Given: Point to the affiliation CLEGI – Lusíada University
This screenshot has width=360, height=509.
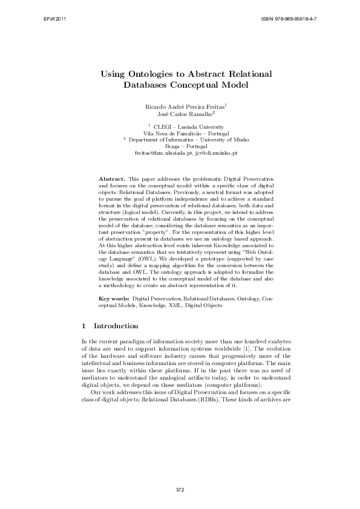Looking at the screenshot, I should tap(182, 126).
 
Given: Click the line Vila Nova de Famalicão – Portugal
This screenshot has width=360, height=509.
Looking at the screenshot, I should tap(180, 132).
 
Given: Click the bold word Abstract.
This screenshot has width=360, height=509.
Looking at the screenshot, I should tap(111, 180).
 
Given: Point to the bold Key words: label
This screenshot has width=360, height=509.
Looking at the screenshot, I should tap(114, 299).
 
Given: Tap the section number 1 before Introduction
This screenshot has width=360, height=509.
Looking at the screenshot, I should tap(83, 326).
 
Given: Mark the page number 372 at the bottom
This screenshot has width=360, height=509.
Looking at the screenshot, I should tap(180, 488).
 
